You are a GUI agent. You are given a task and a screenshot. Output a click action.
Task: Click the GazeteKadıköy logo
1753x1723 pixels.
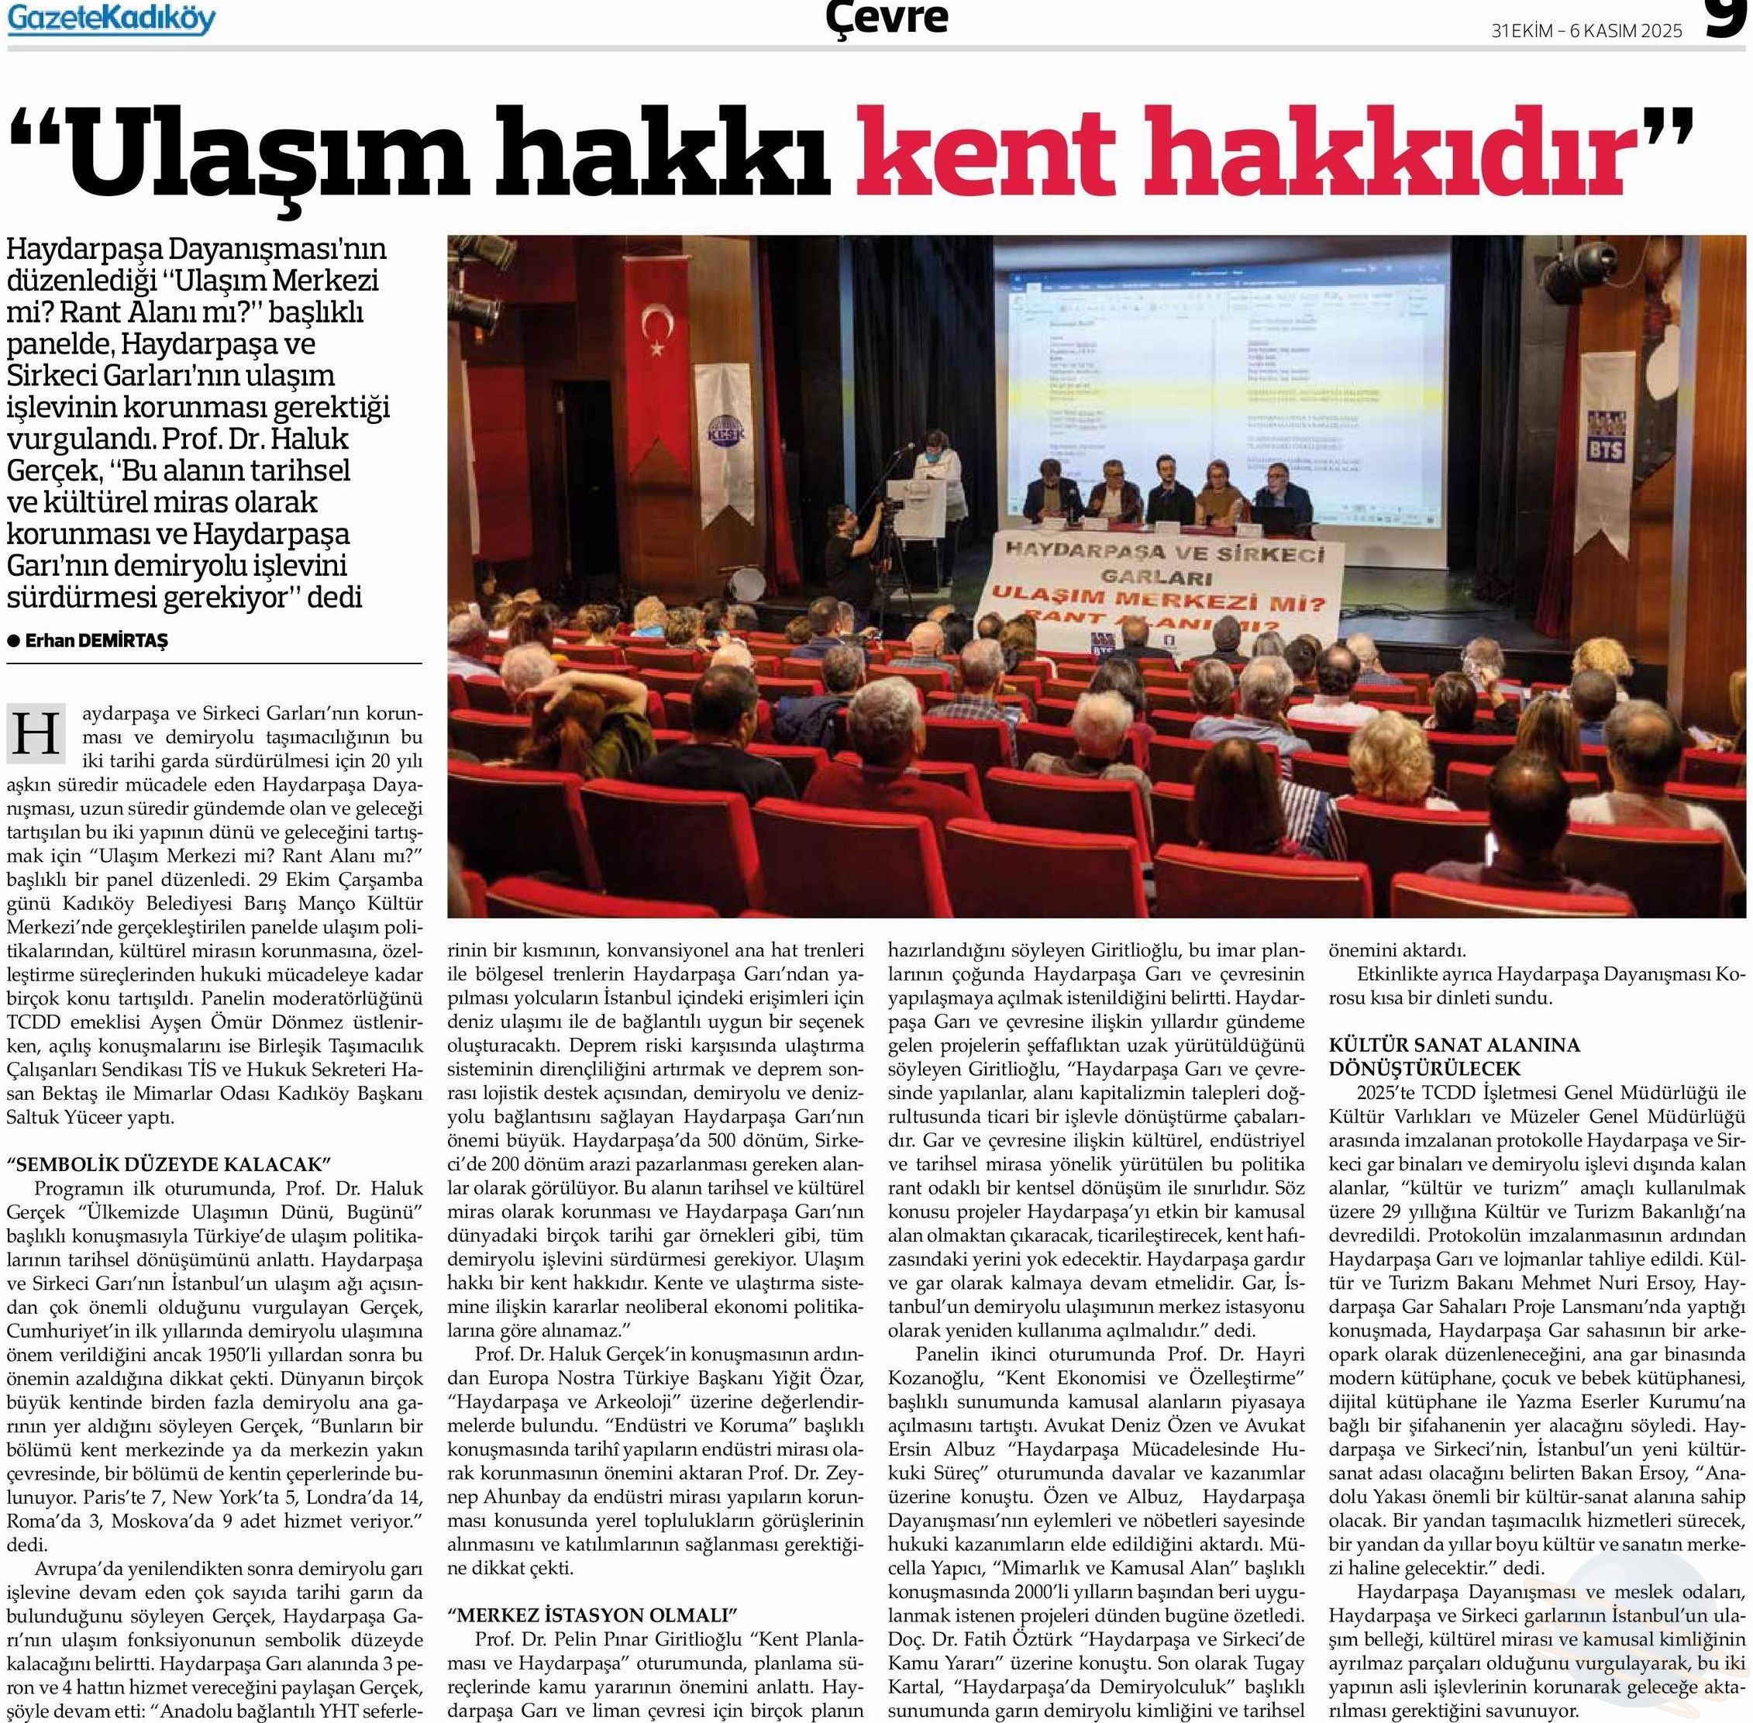click(x=112, y=19)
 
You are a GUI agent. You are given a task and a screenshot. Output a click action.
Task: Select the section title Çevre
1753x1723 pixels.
click(x=887, y=16)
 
